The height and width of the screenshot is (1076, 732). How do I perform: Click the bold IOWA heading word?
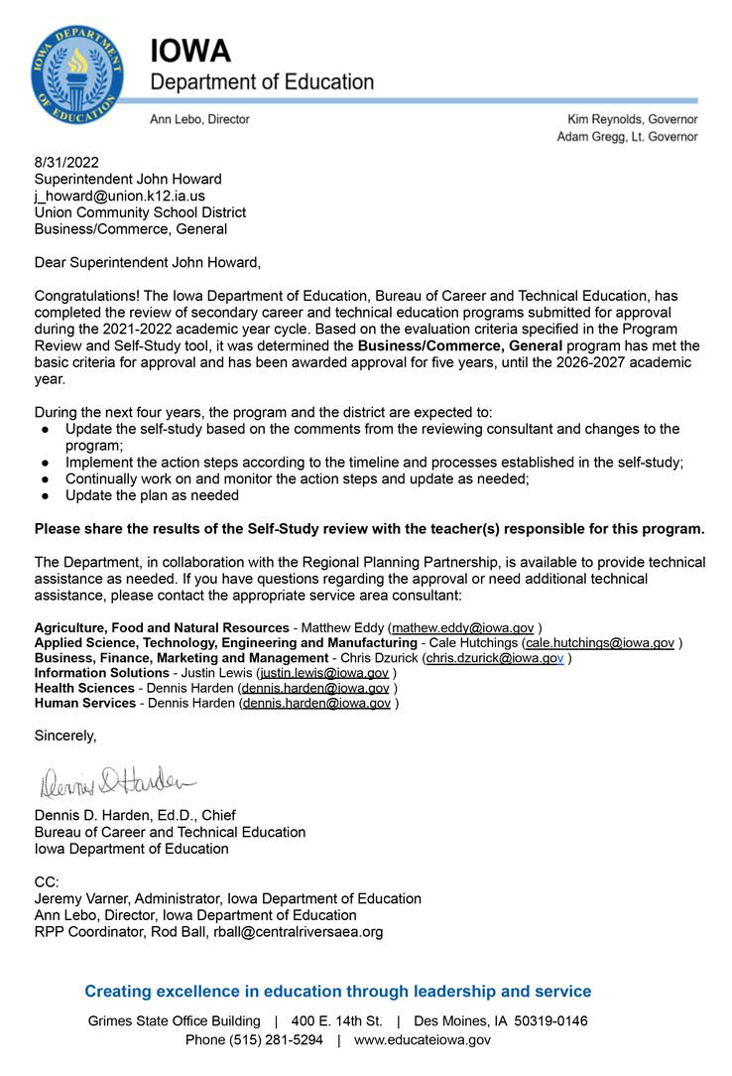[x=190, y=52]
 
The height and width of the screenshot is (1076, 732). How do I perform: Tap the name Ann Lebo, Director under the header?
[x=199, y=119]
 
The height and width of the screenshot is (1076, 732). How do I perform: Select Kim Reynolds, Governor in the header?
[x=632, y=119]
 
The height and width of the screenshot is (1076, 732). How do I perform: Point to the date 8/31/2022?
[x=66, y=163]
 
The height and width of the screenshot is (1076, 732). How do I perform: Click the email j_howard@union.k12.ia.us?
[x=119, y=196]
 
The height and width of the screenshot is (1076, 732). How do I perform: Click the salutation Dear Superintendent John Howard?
[x=147, y=262]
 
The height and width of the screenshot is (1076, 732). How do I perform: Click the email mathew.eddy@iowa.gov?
[x=464, y=628]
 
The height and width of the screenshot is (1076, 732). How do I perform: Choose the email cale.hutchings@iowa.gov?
[x=600, y=643]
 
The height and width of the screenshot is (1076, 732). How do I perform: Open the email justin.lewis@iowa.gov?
[x=323, y=673]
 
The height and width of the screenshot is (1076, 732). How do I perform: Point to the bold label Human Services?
[x=85, y=703]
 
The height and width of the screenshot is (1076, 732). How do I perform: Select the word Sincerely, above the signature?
[x=65, y=736]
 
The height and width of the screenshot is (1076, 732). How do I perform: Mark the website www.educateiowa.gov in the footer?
[x=423, y=1040]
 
